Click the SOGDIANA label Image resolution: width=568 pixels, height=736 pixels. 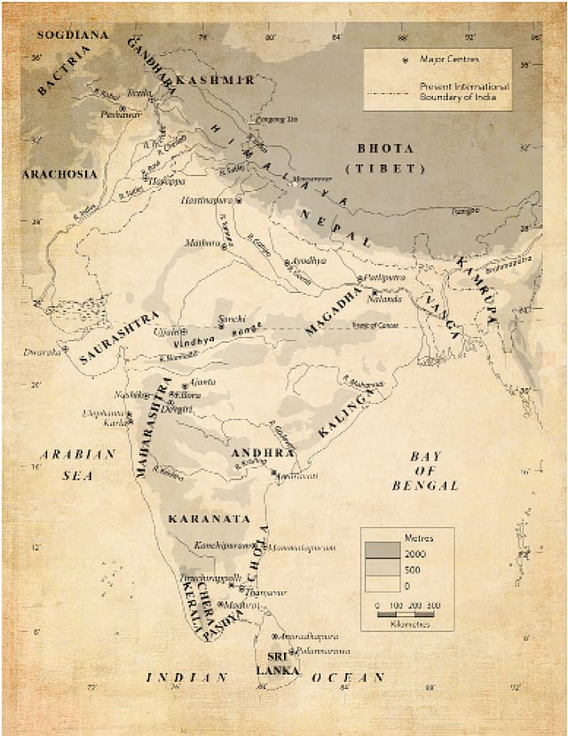72,35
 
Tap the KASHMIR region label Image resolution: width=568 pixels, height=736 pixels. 216,80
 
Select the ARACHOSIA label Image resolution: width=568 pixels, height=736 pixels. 59,175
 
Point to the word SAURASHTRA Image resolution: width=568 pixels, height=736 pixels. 119,338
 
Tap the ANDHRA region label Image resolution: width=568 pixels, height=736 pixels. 262,453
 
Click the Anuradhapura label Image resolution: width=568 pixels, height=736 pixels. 310,637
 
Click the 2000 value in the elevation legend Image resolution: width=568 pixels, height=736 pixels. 414,554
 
